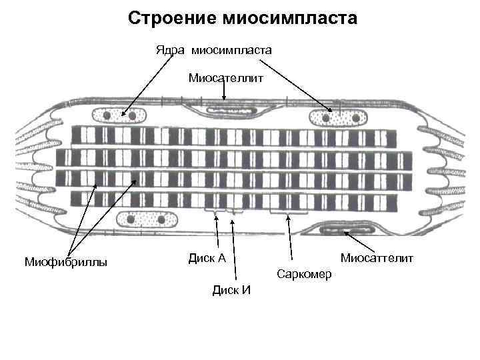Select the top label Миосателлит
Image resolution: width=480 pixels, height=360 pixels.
click(226, 78)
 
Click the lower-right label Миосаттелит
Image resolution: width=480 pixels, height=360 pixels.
click(377, 257)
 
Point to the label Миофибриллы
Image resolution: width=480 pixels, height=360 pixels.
click(65, 261)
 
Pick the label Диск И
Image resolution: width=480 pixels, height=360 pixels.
click(231, 289)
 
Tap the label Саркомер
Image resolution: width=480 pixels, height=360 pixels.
click(304, 274)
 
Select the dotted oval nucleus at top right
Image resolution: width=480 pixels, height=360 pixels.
click(338, 118)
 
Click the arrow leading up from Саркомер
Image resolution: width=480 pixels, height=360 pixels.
click(289, 237)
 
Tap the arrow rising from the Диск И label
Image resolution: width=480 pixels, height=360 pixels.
click(233, 247)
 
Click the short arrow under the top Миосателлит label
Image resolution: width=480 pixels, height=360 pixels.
click(224, 94)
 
